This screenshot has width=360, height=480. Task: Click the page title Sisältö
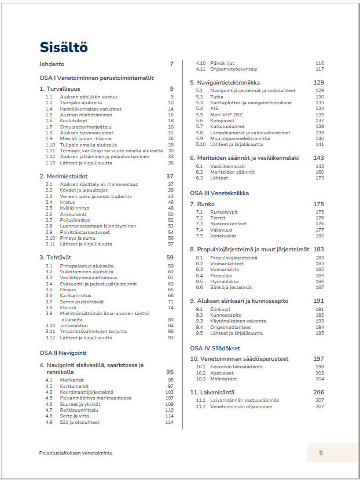pyautogui.click(x=64, y=47)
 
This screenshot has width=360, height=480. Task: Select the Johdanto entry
pyautogui.click(x=52, y=64)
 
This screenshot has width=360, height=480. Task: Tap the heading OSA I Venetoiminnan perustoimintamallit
pyautogui.click(x=96, y=78)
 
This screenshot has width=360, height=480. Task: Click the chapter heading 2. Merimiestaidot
pyautogui.click(x=65, y=176)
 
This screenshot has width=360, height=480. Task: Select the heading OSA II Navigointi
pyautogui.click(x=63, y=353)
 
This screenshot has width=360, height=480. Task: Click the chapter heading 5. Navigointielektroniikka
pyautogui.click(x=233, y=83)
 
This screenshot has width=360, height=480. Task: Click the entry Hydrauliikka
pyautogui.click(x=224, y=281)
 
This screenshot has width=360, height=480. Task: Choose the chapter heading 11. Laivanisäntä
pyautogui.click(x=218, y=392)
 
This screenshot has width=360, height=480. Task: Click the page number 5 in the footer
pyautogui.click(x=321, y=453)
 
